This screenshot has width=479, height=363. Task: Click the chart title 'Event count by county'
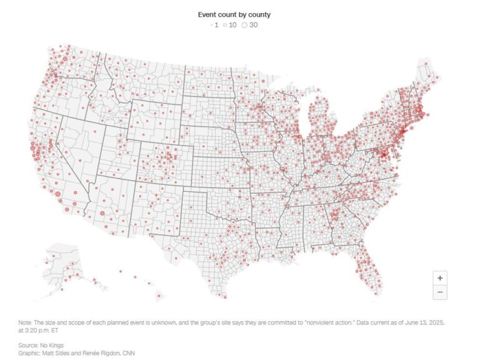pyautogui.click(x=235, y=14)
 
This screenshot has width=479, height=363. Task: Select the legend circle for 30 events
pyautogui.click(x=244, y=25)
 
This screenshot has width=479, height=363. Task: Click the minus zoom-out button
pyautogui.click(x=440, y=292)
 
